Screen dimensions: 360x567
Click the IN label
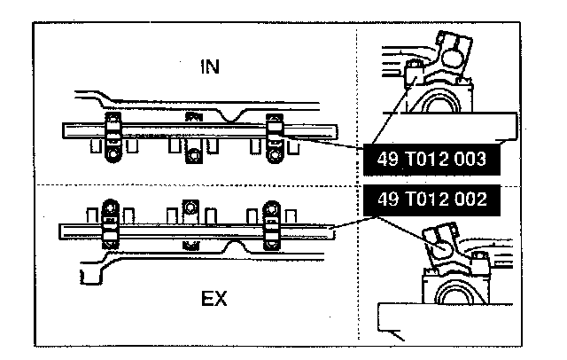pyautogui.click(x=211, y=66)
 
